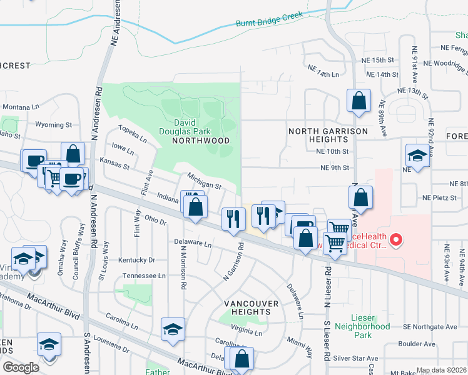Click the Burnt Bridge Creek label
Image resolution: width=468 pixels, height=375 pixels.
[x=269, y=19]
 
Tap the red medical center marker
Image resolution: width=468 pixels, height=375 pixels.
[x=395, y=239]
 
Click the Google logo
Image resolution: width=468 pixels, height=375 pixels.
[x=21, y=367]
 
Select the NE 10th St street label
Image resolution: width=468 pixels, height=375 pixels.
[x=332, y=151]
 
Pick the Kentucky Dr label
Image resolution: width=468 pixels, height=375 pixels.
[x=136, y=259]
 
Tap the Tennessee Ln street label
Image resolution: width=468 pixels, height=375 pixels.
[x=144, y=276]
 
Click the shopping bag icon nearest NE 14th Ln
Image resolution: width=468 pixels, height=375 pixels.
[x=359, y=101]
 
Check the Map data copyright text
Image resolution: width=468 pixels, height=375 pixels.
[x=441, y=370]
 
